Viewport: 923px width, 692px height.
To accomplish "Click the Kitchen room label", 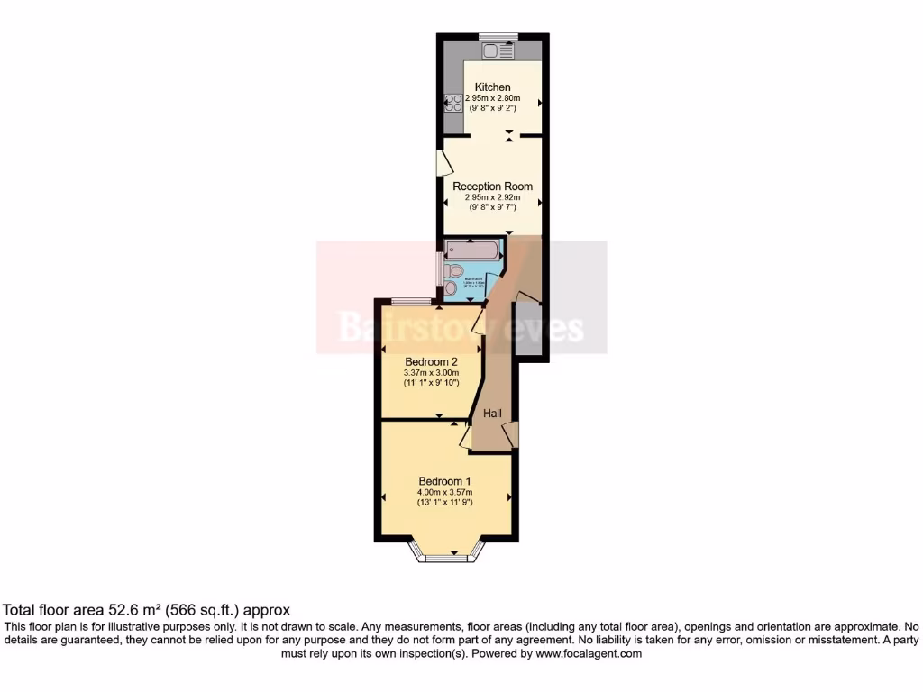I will coord(493,87).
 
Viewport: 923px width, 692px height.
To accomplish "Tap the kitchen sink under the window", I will coord(498,50).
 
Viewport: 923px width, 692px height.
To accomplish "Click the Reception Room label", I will coord(492,187).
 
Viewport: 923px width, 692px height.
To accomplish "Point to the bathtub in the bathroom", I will coord(472,250).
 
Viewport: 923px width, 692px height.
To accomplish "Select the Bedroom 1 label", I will coord(444,480).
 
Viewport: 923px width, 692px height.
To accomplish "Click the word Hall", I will coord(493,414).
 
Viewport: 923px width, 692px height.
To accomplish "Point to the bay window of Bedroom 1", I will coord(445,556).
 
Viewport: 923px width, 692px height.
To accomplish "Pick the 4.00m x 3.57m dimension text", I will coord(444,492).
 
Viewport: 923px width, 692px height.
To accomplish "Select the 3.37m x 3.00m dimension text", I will coord(431,373).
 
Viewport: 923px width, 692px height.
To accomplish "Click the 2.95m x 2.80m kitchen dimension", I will coord(493,98).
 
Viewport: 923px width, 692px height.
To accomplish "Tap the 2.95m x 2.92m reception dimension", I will coord(492,197).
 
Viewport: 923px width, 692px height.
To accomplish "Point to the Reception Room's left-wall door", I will coord(443,163).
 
